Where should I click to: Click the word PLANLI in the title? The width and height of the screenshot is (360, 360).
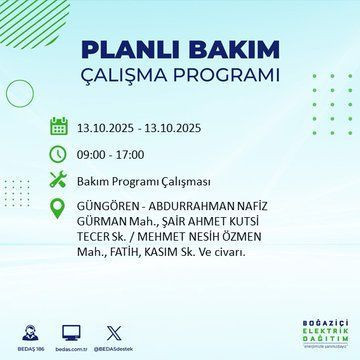coord(130,49)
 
